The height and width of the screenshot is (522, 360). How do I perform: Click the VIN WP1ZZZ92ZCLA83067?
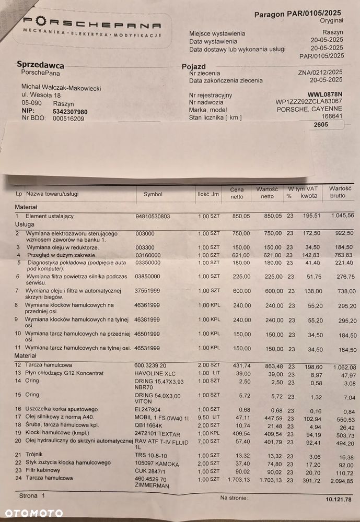309,102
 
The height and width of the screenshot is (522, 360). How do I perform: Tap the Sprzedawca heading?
41,65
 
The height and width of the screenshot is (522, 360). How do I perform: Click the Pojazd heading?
194,67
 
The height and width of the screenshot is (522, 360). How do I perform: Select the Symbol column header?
153,194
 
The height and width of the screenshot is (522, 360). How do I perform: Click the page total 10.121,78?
335,500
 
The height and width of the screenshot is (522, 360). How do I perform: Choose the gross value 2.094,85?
339,479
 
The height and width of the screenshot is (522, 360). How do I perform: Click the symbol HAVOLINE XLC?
155,373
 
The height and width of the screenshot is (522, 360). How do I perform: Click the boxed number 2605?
321,125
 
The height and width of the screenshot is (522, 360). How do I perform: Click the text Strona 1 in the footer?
32,495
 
